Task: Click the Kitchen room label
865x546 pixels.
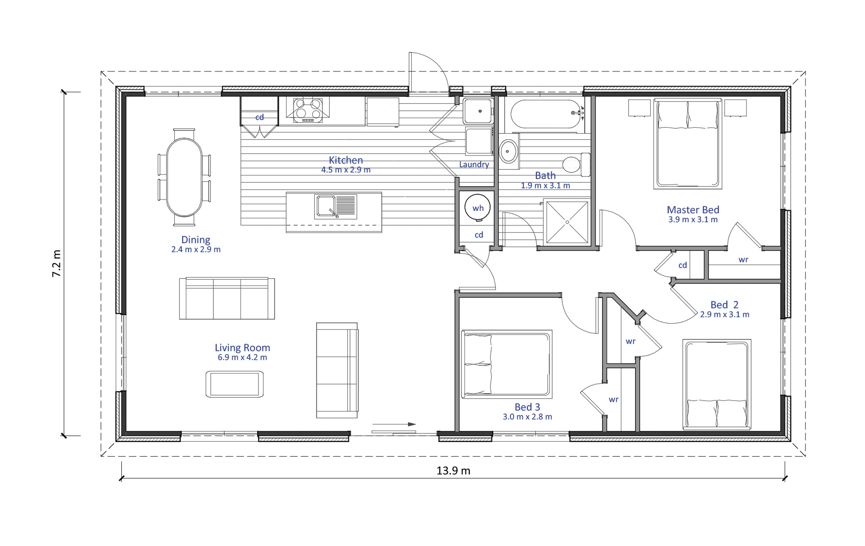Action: point(345,160)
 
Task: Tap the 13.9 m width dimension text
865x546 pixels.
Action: point(453,471)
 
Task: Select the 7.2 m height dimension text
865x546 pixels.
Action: point(57,263)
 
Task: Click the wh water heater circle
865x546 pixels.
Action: point(478,207)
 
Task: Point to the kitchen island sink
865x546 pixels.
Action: point(335,207)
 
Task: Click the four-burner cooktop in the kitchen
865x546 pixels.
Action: point(307,110)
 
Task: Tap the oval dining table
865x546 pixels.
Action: point(184,177)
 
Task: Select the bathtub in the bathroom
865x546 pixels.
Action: point(546,114)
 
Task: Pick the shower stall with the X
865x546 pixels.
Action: point(567,222)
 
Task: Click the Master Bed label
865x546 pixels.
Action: point(693,210)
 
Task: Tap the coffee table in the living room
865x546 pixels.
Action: point(234,384)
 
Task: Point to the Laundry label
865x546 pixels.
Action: point(474,164)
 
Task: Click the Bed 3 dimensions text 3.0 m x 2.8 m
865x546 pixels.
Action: point(527,417)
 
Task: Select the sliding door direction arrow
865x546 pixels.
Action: point(394,424)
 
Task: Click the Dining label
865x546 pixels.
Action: point(195,239)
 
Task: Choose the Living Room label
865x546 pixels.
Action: point(242,347)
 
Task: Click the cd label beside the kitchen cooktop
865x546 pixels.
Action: point(259,117)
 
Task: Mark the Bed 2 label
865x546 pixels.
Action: point(724,305)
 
